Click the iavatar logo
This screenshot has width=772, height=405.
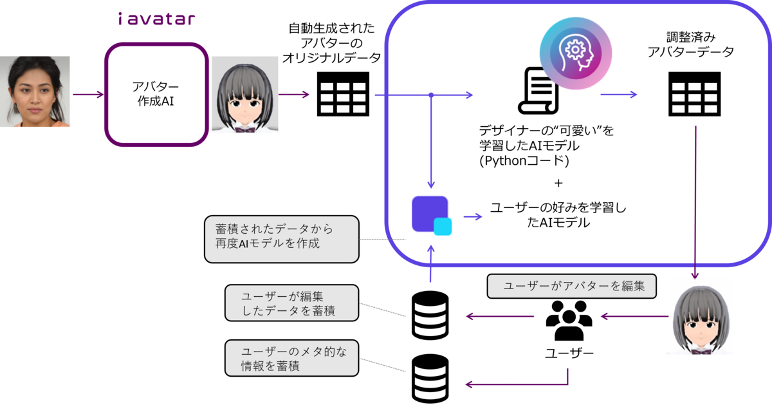156,17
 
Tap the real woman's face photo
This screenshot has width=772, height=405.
35,91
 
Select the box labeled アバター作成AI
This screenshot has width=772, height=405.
156,94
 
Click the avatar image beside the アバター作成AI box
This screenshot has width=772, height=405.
244,95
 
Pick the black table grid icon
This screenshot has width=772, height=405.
694,94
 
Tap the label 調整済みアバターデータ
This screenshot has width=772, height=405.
691,44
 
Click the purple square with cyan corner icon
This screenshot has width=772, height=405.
431,215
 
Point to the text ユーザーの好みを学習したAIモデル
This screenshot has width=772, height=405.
558,215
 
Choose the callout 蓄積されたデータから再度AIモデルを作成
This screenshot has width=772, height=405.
281,239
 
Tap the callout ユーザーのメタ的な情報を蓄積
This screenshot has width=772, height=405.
292,359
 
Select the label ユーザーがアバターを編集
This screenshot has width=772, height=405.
571,287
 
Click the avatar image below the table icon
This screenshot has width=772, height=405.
699,316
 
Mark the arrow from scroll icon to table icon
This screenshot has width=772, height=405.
618,94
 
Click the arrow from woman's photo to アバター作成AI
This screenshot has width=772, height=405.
87,95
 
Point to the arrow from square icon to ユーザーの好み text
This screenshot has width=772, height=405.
473,216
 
